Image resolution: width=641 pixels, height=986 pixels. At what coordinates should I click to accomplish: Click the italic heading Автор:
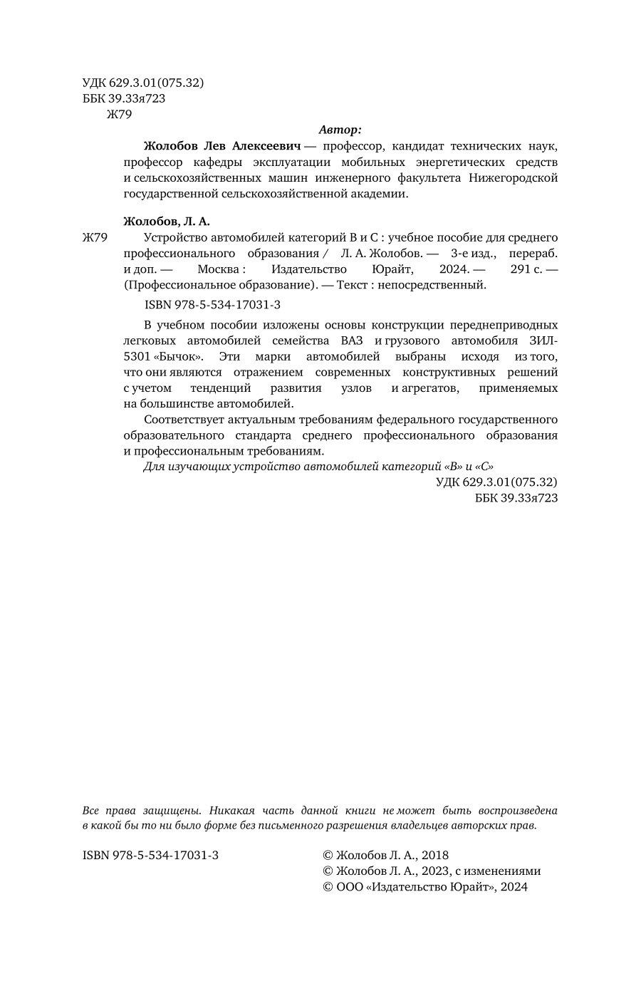click(340, 130)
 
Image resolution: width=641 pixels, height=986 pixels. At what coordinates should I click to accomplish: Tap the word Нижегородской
click(514, 177)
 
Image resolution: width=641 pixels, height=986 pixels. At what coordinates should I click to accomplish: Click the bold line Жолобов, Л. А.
click(167, 221)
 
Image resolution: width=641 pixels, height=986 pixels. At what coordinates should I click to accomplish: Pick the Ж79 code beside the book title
click(95, 237)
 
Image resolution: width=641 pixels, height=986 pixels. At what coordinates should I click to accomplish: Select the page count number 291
click(521, 269)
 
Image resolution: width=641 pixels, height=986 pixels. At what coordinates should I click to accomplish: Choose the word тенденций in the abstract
click(221, 388)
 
